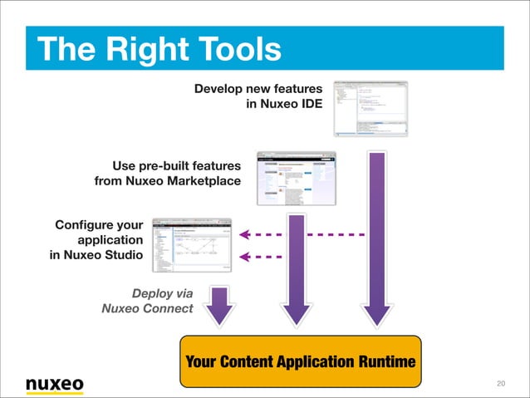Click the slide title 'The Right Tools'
(160, 49)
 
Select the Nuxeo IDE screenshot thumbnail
(371, 108)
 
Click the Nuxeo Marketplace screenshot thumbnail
(297, 179)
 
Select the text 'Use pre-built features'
(177, 165)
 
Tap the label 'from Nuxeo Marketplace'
(168, 181)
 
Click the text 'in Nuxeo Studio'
(96, 255)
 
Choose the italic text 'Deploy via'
(163, 292)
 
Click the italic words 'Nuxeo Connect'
(147, 309)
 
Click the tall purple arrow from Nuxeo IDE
(377, 237)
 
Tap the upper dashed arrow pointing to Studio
(303, 235)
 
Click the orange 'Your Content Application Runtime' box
(301, 361)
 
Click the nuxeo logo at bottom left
(54, 384)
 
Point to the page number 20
(500, 383)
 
